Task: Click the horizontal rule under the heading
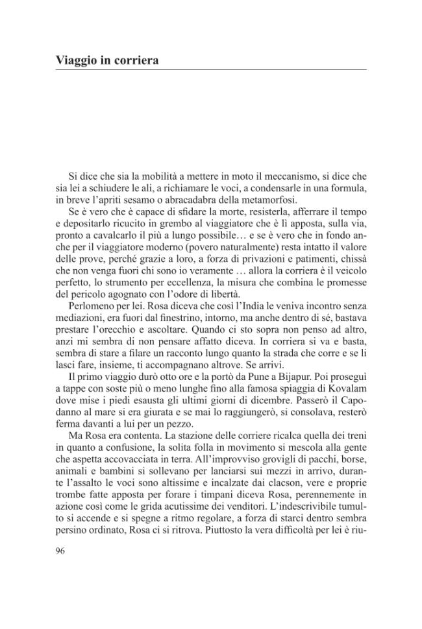point(211,70)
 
